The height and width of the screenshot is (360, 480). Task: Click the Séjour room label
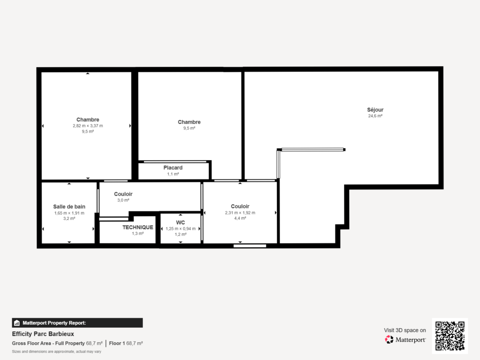click(375, 110)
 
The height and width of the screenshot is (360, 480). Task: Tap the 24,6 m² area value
click(375, 116)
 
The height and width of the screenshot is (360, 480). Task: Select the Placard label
click(173, 167)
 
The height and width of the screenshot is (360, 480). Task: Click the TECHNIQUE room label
click(138, 227)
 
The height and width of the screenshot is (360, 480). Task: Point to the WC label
click(180, 222)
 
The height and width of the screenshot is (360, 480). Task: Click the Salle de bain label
click(69, 206)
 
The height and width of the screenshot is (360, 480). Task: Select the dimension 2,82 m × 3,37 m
click(88, 126)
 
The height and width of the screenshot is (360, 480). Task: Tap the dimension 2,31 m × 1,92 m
click(240, 212)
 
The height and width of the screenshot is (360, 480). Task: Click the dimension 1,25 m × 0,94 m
click(180, 229)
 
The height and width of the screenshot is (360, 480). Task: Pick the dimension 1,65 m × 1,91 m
click(69, 213)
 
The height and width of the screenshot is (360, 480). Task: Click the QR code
click(450, 335)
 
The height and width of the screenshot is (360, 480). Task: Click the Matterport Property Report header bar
click(77, 322)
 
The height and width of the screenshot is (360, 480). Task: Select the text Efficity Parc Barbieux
click(43, 334)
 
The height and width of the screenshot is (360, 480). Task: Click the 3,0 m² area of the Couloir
click(123, 200)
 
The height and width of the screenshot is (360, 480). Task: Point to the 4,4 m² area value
click(240, 218)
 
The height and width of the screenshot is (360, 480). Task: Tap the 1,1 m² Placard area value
click(173, 174)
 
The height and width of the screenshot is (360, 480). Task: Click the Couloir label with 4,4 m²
click(240, 206)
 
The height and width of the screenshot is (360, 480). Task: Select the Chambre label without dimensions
click(189, 122)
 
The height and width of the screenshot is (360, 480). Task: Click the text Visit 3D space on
click(405, 330)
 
